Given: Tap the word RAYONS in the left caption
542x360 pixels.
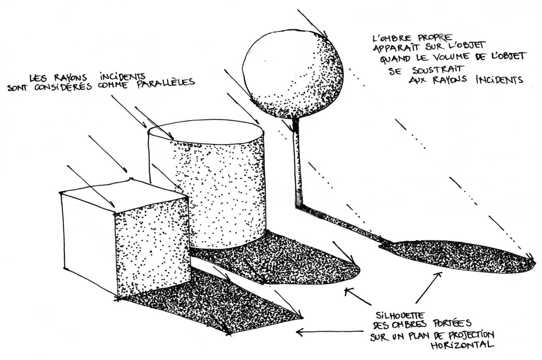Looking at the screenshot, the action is [71, 78].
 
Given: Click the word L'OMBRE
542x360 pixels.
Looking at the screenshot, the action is [392, 38].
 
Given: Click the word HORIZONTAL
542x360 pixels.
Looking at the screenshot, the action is [462, 345].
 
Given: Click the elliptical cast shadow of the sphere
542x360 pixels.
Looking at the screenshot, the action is [457, 257].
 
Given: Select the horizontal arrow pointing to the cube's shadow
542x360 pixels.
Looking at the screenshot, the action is [330, 332].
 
